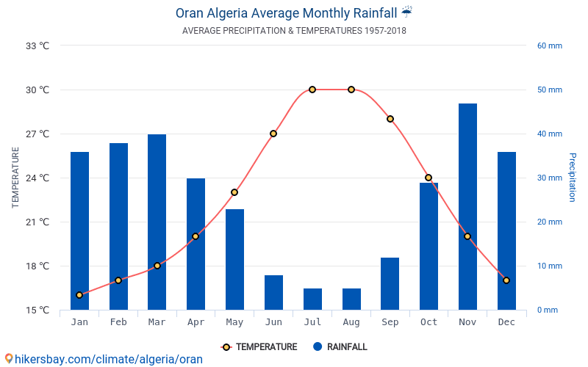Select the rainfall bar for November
click(x=467, y=207)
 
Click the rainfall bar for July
click(x=312, y=299)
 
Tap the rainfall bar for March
click(x=157, y=222)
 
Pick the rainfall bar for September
click(x=390, y=283)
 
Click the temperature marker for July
click(x=312, y=90)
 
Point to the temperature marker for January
click(x=79, y=295)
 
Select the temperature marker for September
click(x=390, y=119)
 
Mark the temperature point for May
click(x=234, y=192)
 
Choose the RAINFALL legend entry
click(x=340, y=347)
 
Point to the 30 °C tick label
click(x=37, y=90)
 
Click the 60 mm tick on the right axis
click(x=549, y=46)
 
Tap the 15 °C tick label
click(x=37, y=310)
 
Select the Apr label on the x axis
click(x=196, y=322)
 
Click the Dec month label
click(x=506, y=322)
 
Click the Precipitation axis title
click(x=573, y=178)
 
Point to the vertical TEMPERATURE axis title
click(x=15, y=178)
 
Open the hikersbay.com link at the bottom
click(x=103, y=359)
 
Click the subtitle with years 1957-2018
click(x=294, y=31)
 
